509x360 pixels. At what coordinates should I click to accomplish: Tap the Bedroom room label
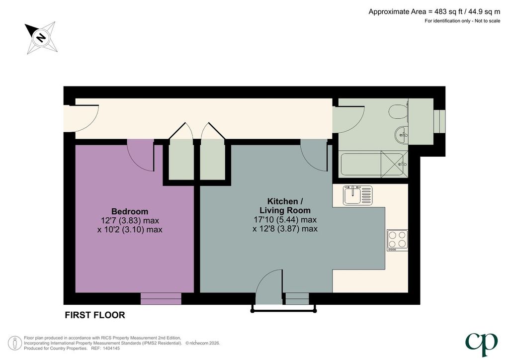(x=130, y=211)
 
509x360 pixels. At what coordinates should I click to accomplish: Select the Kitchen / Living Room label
(x=285, y=206)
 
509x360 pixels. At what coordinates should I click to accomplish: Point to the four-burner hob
(x=397, y=240)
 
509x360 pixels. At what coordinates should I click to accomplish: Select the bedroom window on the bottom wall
(x=161, y=298)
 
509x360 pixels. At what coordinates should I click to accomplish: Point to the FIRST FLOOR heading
(x=95, y=315)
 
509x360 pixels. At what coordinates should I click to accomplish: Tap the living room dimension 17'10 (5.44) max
(x=285, y=220)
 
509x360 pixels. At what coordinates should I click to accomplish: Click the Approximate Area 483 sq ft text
(x=433, y=12)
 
